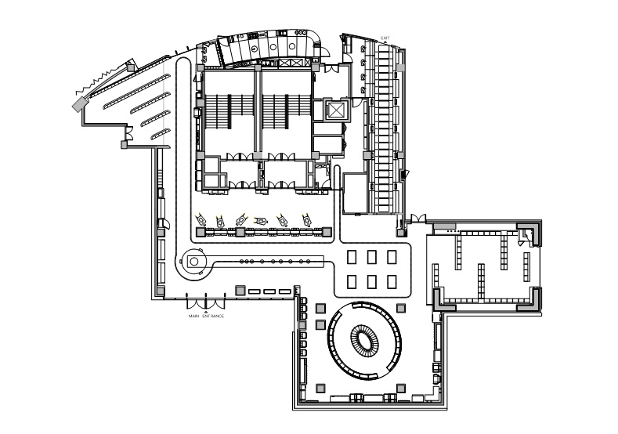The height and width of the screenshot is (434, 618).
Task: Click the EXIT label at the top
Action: click(x=385, y=38)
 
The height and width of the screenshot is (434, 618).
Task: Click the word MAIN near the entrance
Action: click(x=193, y=316)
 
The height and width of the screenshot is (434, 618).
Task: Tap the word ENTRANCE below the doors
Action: click(x=213, y=316)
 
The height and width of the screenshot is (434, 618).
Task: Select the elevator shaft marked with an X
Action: click(x=336, y=110)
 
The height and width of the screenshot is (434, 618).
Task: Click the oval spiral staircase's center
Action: click(x=363, y=339)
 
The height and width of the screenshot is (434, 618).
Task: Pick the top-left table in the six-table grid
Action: click(x=352, y=257)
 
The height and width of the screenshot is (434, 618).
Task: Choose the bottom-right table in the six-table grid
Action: click(x=392, y=282)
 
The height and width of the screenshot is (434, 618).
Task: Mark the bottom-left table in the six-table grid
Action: click(x=352, y=282)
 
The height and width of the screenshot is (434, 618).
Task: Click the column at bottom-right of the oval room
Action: click(x=401, y=389)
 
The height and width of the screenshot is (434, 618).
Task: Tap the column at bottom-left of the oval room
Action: click(x=320, y=389)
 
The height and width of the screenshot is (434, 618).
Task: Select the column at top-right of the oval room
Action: click(x=401, y=307)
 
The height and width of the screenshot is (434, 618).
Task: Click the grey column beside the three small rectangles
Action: click(x=240, y=291)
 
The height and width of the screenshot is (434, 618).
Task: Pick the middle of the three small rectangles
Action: click(x=269, y=291)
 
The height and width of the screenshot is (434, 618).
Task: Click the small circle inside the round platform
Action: click(x=194, y=262)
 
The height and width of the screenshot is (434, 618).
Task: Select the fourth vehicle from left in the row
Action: click(x=260, y=221)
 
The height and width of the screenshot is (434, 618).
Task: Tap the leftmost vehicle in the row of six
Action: click(x=201, y=219)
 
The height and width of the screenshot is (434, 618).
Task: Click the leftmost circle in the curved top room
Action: click(x=255, y=49)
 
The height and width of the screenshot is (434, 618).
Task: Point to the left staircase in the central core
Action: click(x=218, y=111)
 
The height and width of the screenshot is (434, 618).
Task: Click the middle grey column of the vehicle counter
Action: click(x=240, y=232)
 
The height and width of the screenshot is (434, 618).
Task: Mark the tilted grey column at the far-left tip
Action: click(x=80, y=104)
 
